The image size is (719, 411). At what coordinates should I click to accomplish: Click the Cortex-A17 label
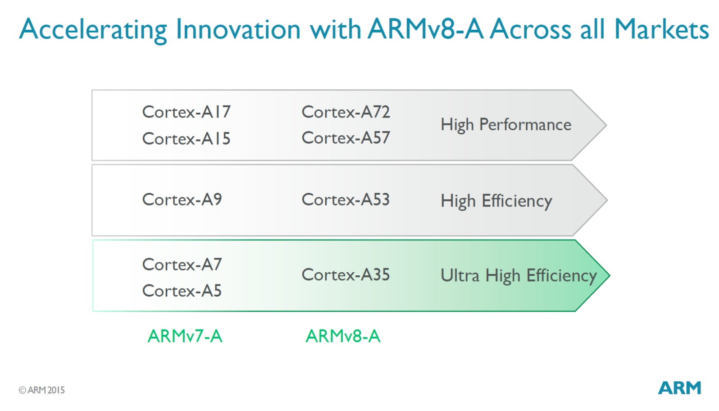[186, 112]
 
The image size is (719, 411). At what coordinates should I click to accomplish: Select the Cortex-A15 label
[186, 139]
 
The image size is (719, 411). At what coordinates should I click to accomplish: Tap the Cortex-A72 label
[346, 112]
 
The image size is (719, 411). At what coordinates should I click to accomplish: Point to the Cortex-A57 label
[346, 138]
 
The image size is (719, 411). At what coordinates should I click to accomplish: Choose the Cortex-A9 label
[182, 199]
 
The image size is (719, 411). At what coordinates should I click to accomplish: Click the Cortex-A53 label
[346, 199]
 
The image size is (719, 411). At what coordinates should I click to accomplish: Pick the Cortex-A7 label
[182, 265]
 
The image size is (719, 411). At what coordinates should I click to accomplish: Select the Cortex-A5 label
[182, 291]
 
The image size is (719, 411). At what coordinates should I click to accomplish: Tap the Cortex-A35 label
[346, 274]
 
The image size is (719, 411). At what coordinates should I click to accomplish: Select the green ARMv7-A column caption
[185, 336]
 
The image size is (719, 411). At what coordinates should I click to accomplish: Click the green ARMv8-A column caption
[343, 336]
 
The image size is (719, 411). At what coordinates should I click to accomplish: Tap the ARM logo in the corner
[679, 388]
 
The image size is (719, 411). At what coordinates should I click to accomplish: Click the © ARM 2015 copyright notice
[42, 390]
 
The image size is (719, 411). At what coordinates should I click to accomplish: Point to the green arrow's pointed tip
[609, 275]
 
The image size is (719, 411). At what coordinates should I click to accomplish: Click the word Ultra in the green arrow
[460, 275]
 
